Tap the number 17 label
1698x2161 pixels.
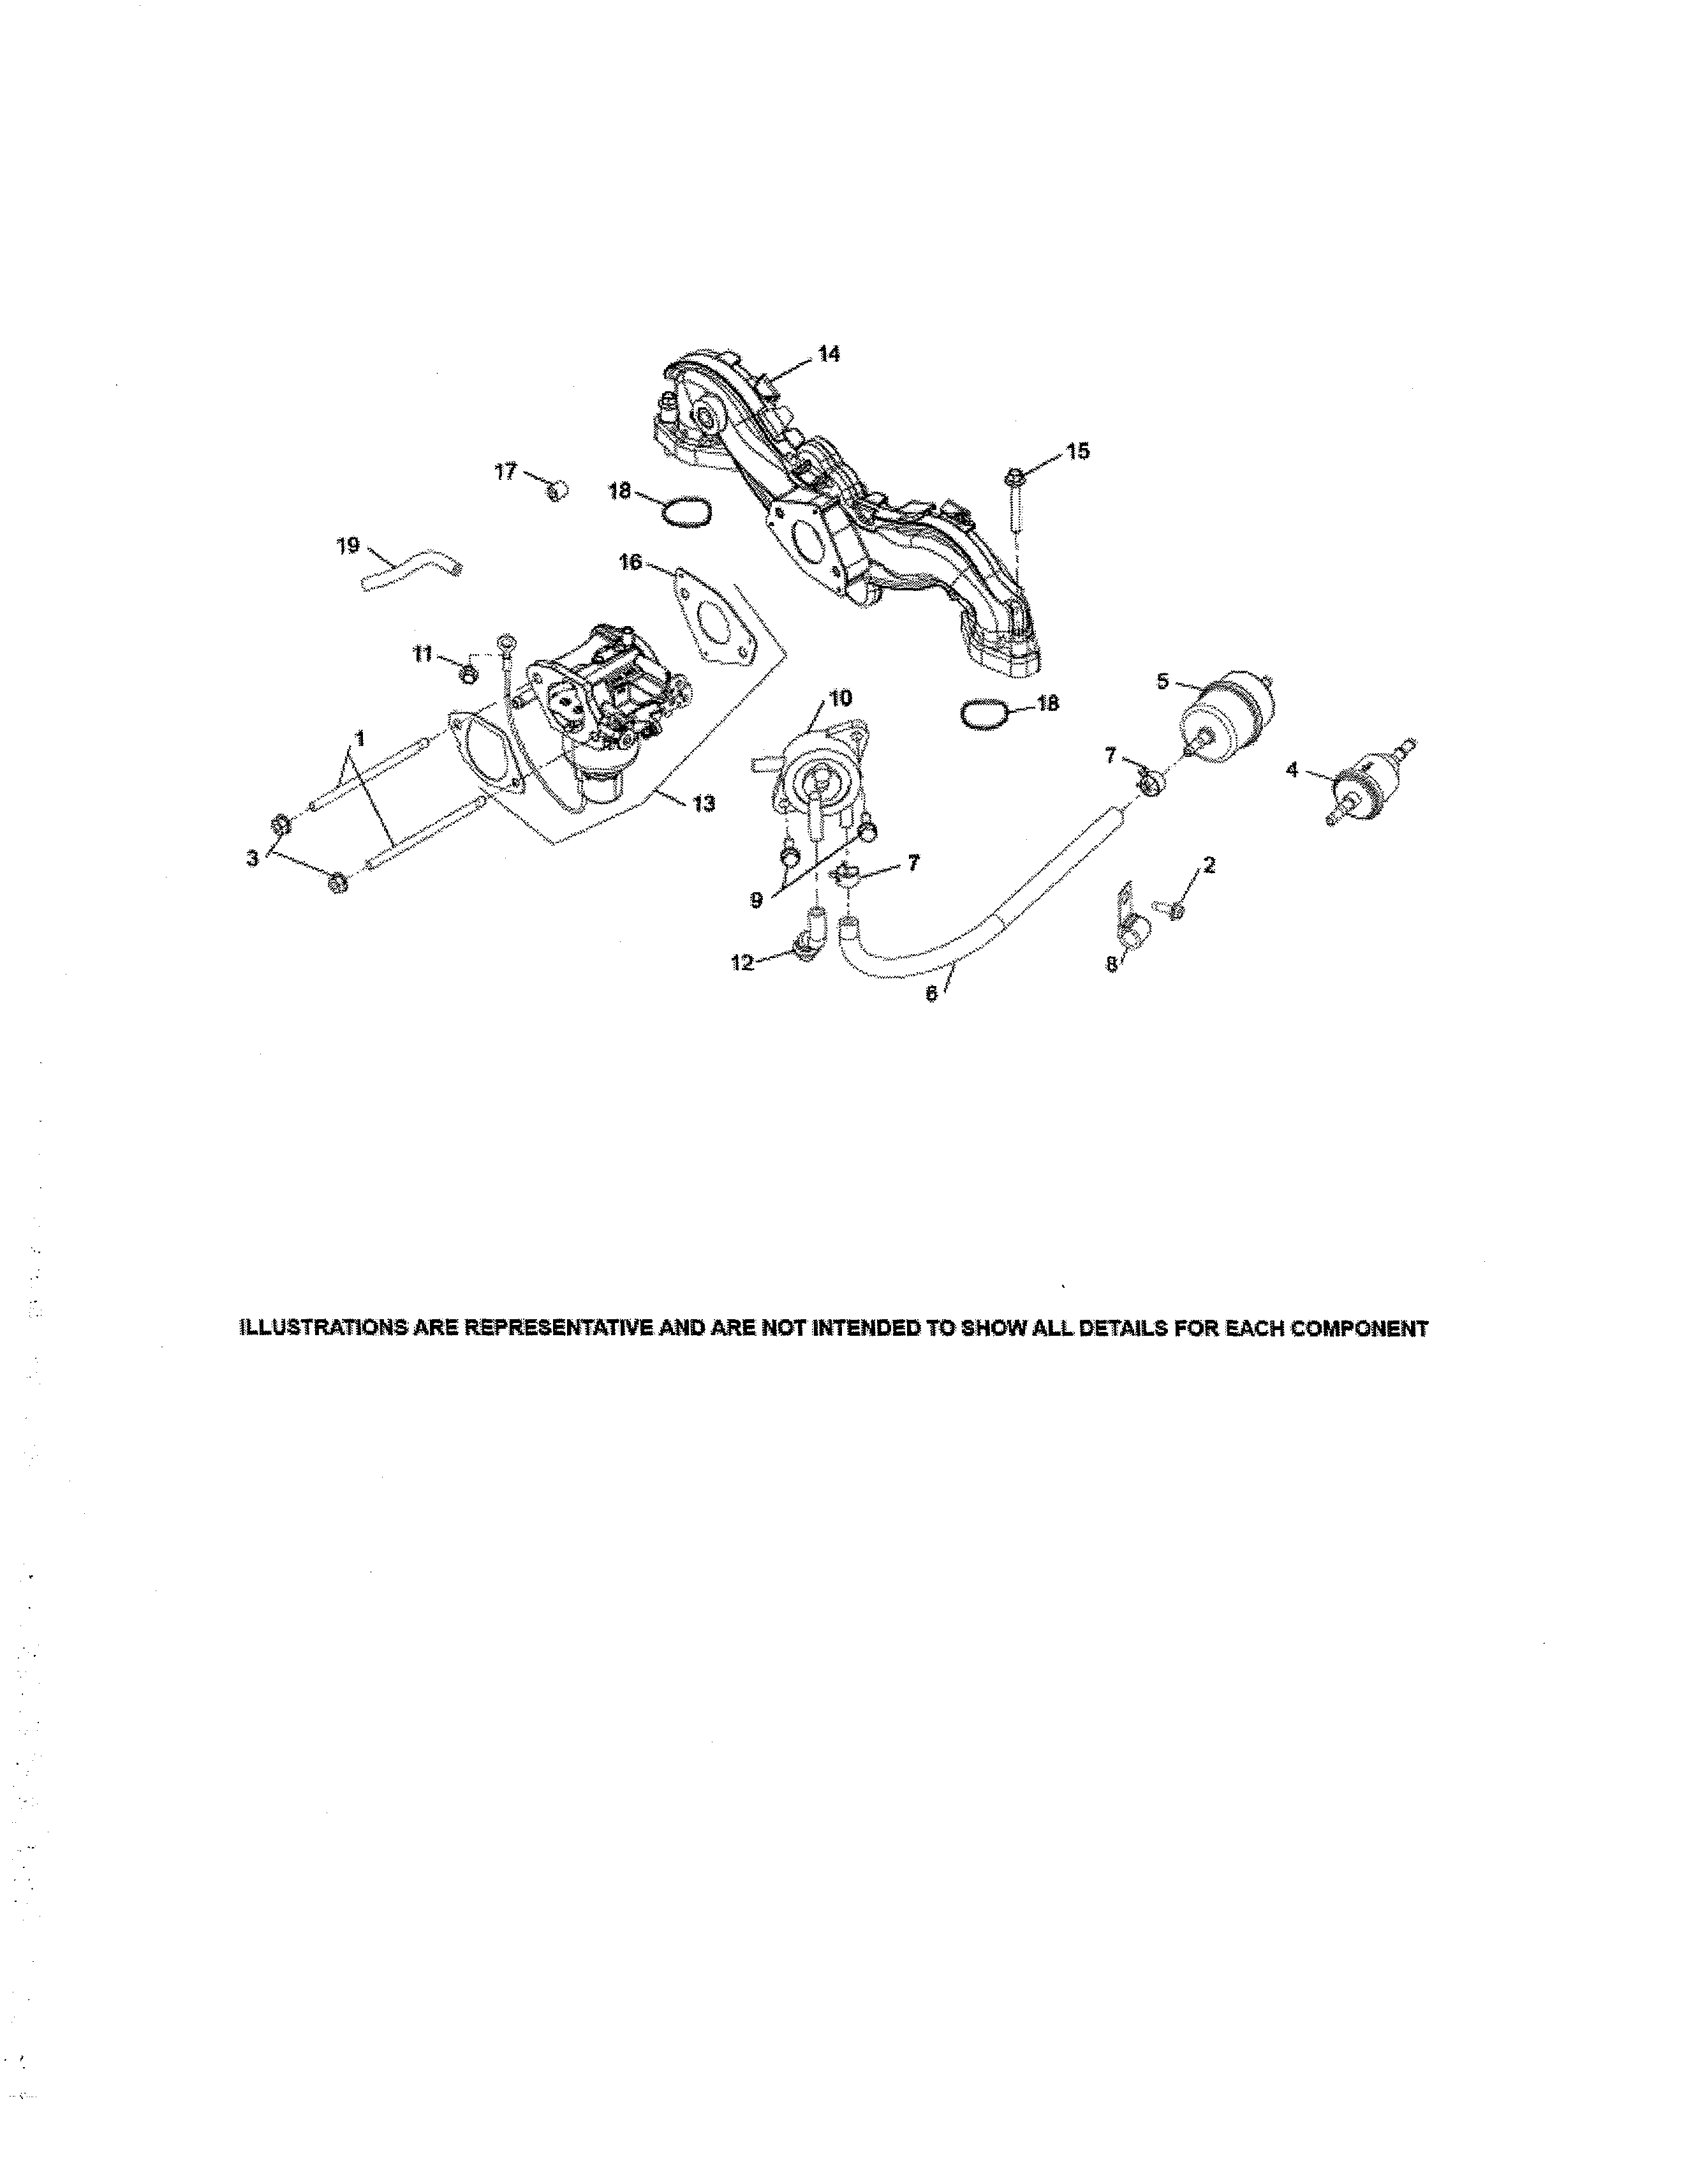click(x=506, y=472)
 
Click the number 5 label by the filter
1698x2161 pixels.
click(x=1163, y=681)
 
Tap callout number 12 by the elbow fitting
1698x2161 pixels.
click(x=742, y=962)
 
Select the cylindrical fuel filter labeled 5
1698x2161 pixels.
click(x=1225, y=714)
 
